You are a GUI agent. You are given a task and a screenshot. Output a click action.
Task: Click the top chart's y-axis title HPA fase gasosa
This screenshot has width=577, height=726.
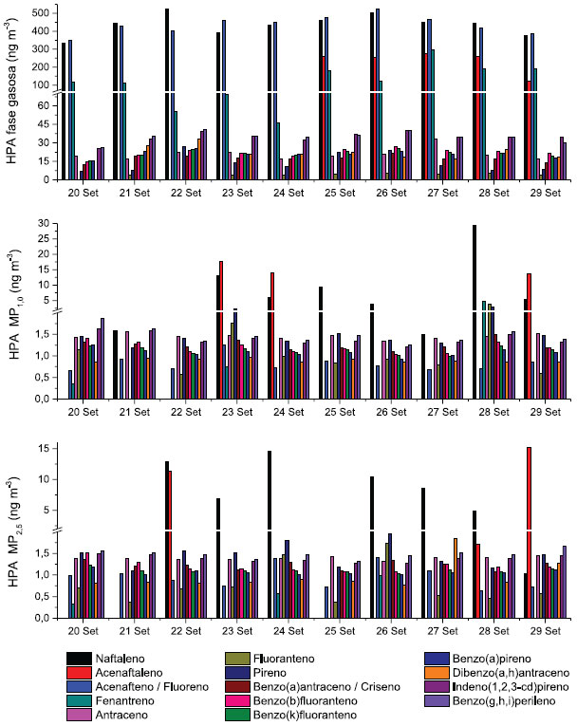click(x=13, y=95)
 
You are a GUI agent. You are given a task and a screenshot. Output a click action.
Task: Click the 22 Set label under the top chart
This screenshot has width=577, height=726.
click(x=191, y=193)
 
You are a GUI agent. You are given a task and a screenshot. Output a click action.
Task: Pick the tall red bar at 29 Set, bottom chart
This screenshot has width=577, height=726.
click(x=529, y=531)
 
